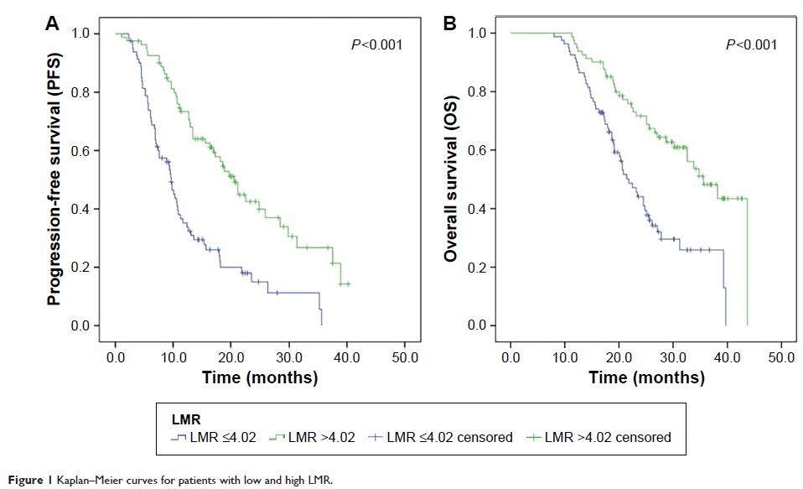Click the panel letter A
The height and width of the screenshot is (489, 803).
click(x=52, y=24)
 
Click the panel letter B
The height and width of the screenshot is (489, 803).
click(x=449, y=24)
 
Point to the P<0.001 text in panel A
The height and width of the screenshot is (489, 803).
click(x=376, y=44)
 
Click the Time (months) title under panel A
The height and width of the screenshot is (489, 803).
click(x=260, y=377)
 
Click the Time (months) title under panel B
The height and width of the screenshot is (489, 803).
click(x=646, y=377)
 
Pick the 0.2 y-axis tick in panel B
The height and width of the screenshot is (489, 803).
click(x=487, y=268)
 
